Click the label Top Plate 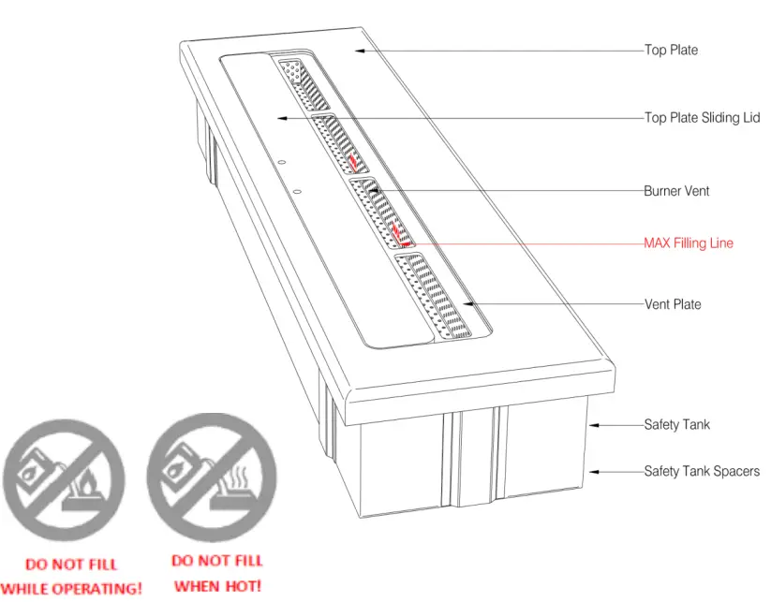[x=671, y=50]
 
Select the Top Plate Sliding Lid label [x=702, y=118]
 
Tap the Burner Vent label [x=676, y=191]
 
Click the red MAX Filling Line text [x=688, y=243]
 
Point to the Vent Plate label [x=672, y=304]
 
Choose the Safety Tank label [x=676, y=425]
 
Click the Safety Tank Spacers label [x=701, y=471]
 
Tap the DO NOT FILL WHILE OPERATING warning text [x=71, y=577]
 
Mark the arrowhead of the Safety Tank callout [x=592, y=425]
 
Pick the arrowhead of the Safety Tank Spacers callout [x=592, y=471]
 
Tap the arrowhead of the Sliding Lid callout [x=279, y=118]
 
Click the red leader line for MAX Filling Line [x=525, y=243]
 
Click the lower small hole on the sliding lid [x=295, y=192]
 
